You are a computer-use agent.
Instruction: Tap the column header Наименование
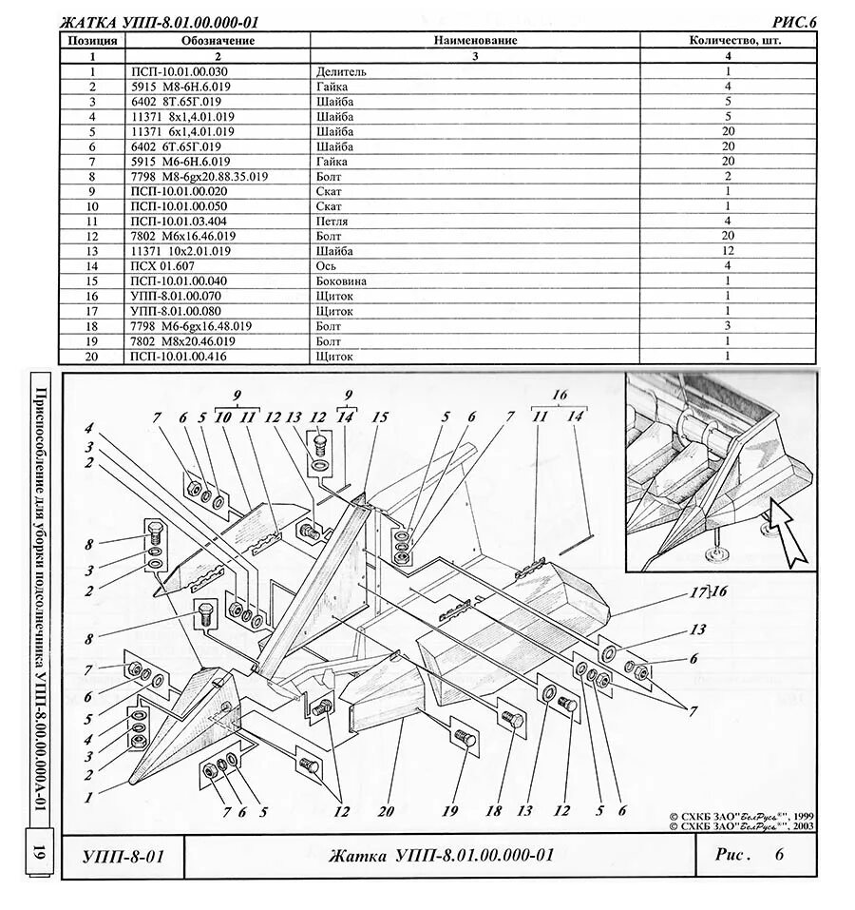(475, 41)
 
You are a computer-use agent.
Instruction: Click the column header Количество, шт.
(727, 41)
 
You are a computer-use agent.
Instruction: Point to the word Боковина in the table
(341, 281)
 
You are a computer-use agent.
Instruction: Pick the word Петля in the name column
(332, 222)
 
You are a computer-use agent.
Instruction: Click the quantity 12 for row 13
(728, 251)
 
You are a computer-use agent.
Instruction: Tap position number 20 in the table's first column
(92, 357)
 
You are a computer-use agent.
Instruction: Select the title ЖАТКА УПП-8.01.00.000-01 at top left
(159, 22)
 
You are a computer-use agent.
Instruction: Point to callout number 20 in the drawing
(385, 812)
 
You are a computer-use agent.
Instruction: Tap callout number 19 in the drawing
(449, 811)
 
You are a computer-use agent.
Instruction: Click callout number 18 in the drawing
(493, 811)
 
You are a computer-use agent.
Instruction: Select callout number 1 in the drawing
(87, 798)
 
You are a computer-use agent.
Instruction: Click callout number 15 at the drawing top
(380, 416)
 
